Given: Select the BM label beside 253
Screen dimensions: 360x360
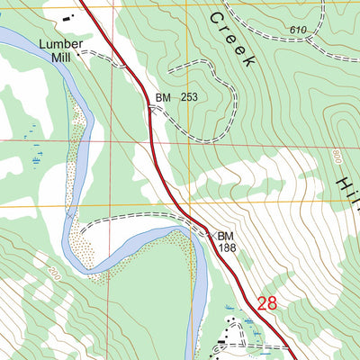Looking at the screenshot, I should (x=163, y=97).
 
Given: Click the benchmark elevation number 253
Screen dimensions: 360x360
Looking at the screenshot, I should (x=187, y=97).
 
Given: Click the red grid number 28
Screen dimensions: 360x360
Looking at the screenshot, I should (x=266, y=303).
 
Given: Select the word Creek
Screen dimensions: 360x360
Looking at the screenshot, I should (x=233, y=40).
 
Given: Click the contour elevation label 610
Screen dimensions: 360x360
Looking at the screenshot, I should (x=299, y=31).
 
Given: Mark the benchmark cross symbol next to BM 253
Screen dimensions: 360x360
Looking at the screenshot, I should (x=150, y=106).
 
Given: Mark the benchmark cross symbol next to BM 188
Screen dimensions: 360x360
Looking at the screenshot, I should (x=209, y=235).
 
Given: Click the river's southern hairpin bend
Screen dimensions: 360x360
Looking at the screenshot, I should (x=76, y=257).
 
